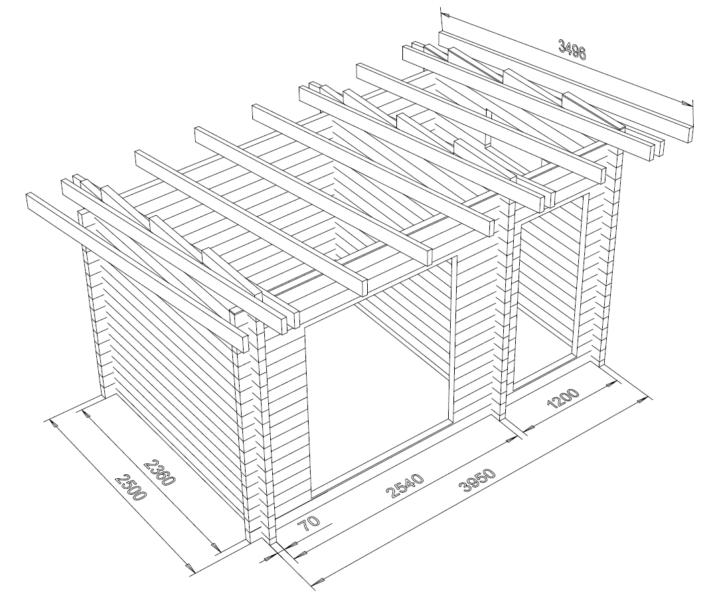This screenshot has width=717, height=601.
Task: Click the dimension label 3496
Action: [x=572, y=50]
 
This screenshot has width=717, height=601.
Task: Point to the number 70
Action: [x=309, y=522]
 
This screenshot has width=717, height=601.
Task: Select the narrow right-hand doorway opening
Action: [x=551, y=293]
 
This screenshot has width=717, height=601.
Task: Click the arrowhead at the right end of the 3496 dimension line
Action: [x=686, y=104]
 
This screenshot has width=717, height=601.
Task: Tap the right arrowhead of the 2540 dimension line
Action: [x=508, y=440]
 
